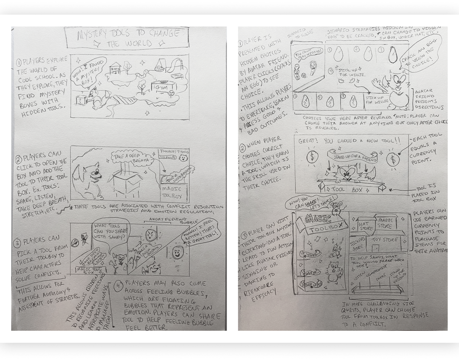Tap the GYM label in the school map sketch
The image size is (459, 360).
pos(163,87)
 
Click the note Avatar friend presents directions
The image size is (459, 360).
pos(429,99)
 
